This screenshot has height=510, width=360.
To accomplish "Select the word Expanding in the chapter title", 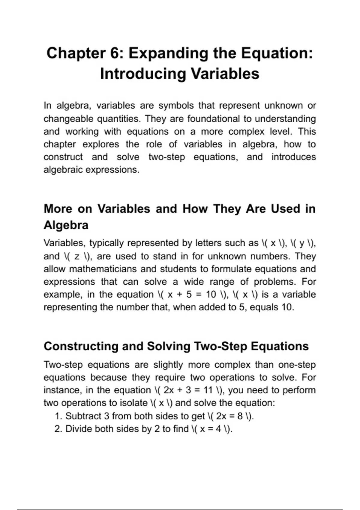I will [168, 53].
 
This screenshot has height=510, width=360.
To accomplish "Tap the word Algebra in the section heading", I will [66, 225].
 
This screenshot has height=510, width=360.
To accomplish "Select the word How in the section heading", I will [195, 209].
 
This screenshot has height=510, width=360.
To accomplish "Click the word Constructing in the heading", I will [81, 346].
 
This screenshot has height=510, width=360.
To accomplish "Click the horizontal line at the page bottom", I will [180, 509].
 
